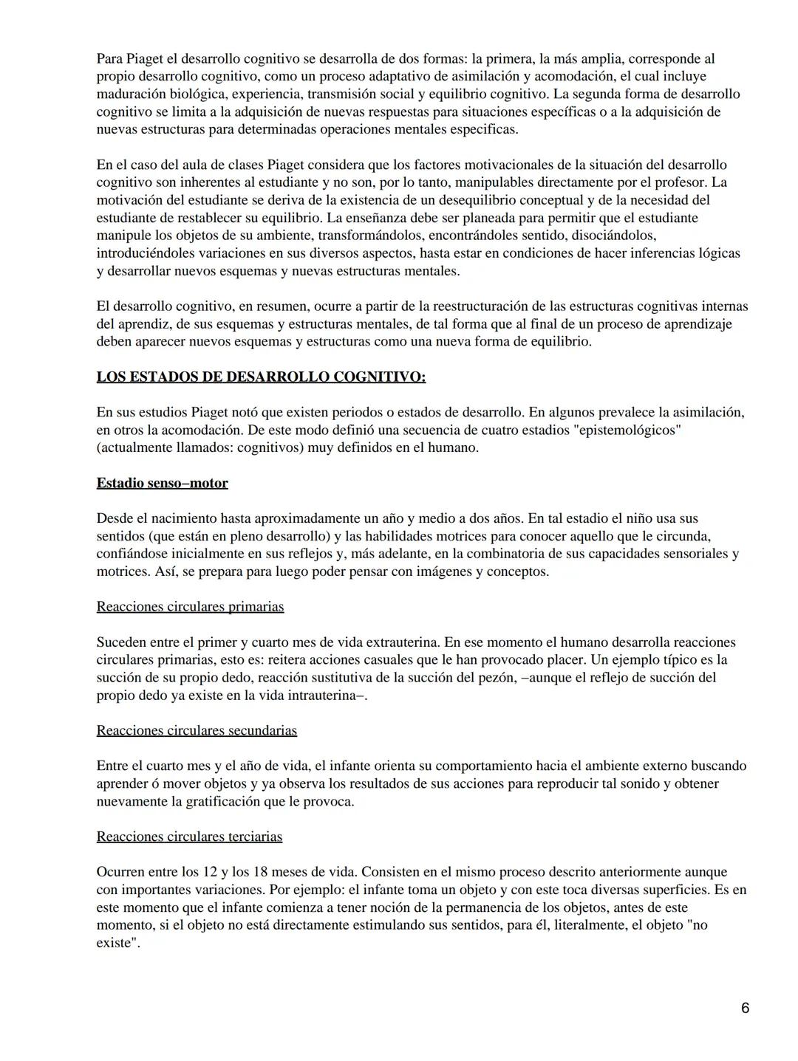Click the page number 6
(x=745, y=1008)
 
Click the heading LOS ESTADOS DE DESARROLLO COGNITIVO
(x=261, y=377)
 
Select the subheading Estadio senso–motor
(x=162, y=484)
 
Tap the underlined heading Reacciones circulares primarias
(x=190, y=607)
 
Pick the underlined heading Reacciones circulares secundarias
(x=197, y=731)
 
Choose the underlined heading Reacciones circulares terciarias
(x=189, y=837)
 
